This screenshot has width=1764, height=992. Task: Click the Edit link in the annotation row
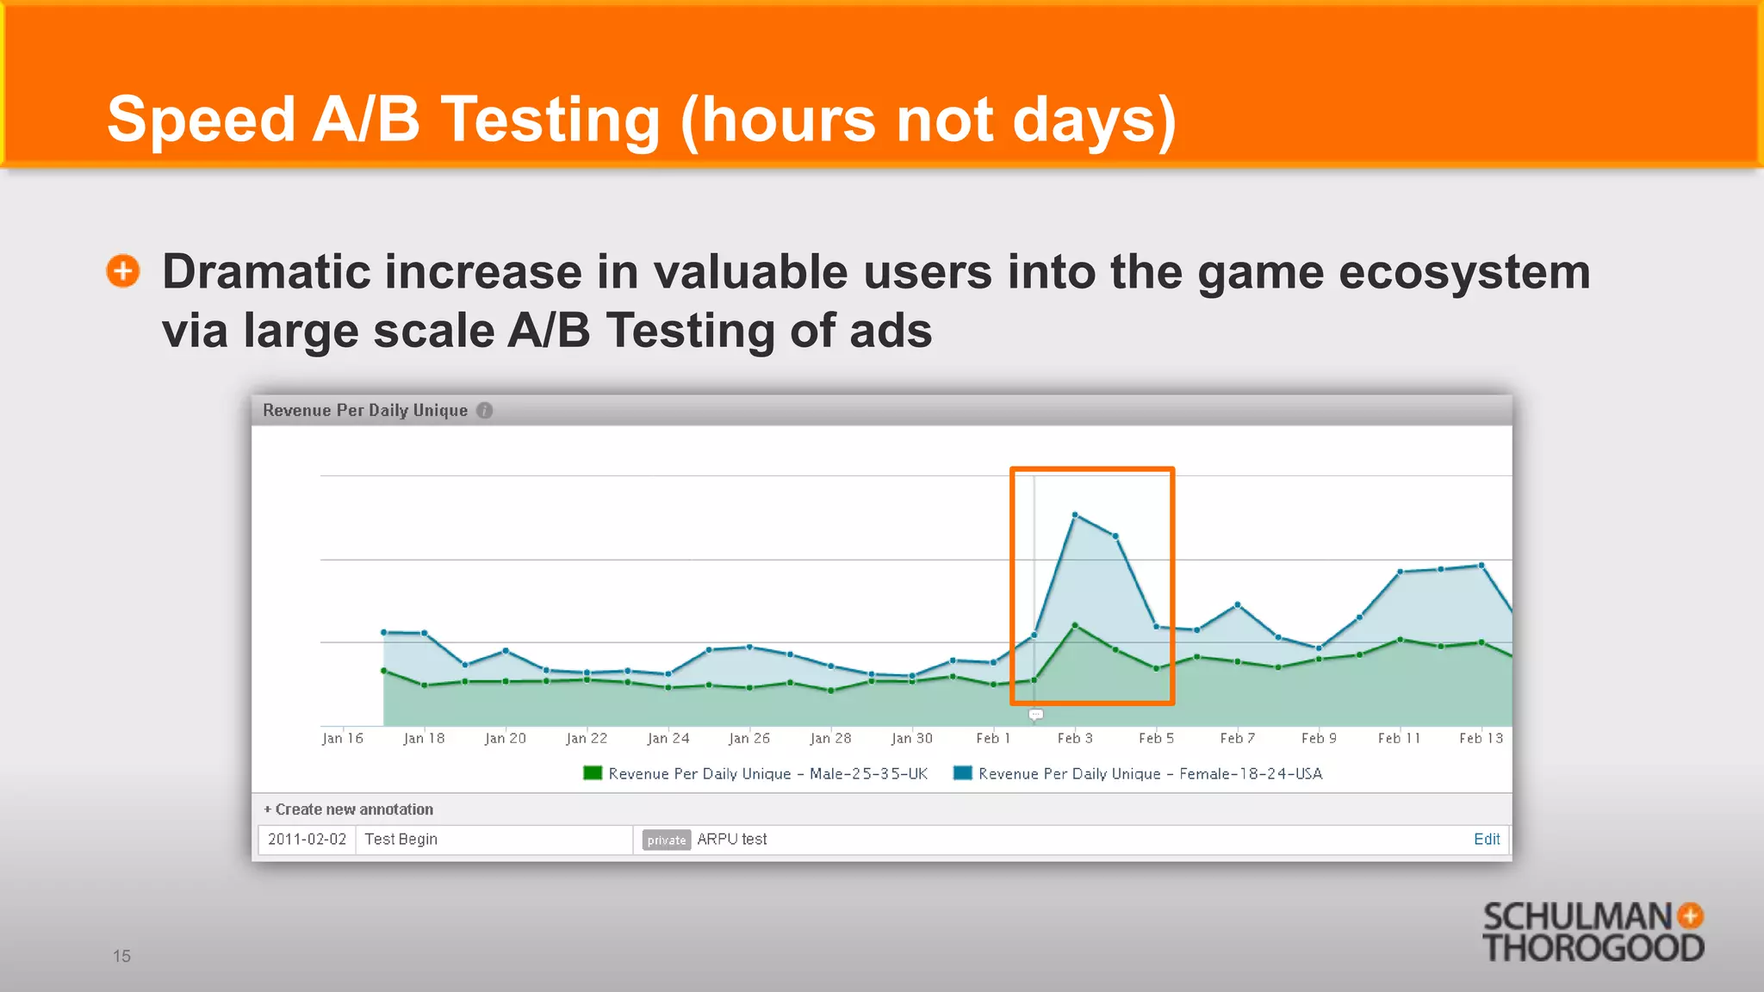pyautogui.click(x=1486, y=839)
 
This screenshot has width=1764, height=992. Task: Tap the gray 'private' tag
pyautogui.click(x=666, y=840)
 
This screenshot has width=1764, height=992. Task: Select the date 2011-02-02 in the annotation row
pyautogui.click(x=307, y=839)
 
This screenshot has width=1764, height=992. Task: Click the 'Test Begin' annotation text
pyautogui.click(x=401, y=839)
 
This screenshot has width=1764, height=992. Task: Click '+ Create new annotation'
pyautogui.click(x=349, y=809)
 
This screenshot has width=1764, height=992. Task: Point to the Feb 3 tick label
pyautogui.click(x=1074, y=738)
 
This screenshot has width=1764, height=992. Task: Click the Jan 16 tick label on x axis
pyautogui.click(x=342, y=738)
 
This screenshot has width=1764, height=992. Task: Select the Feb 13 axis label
pyautogui.click(x=1480, y=738)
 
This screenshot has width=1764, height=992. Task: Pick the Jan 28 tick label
pyautogui.click(x=829, y=738)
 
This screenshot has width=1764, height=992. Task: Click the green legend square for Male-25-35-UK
pyautogui.click(x=593, y=772)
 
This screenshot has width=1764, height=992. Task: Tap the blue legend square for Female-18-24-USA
pyautogui.click(x=962, y=772)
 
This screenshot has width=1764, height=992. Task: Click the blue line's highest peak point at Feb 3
pyautogui.click(x=1075, y=515)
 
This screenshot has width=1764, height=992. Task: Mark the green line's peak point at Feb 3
pyautogui.click(x=1075, y=625)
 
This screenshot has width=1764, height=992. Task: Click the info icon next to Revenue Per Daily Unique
pyautogui.click(x=485, y=411)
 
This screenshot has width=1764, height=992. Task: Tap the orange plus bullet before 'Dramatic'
pyautogui.click(x=123, y=271)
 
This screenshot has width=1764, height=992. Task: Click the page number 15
pyautogui.click(x=121, y=956)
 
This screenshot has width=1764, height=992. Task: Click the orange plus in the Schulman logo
pyautogui.click(x=1690, y=915)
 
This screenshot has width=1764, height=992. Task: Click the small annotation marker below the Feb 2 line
pyautogui.click(x=1036, y=715)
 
